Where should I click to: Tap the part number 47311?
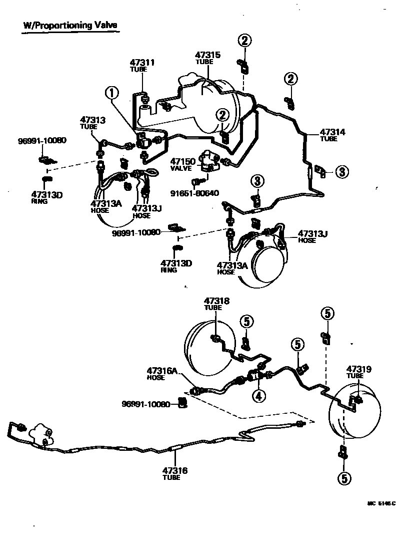[142, 63]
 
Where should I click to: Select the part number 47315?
[207, 55]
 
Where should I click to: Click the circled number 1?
[112, 93]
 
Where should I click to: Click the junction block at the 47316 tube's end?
[41, 434]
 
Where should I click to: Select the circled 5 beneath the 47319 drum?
[343, 478]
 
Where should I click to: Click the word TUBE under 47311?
[139, 70]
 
